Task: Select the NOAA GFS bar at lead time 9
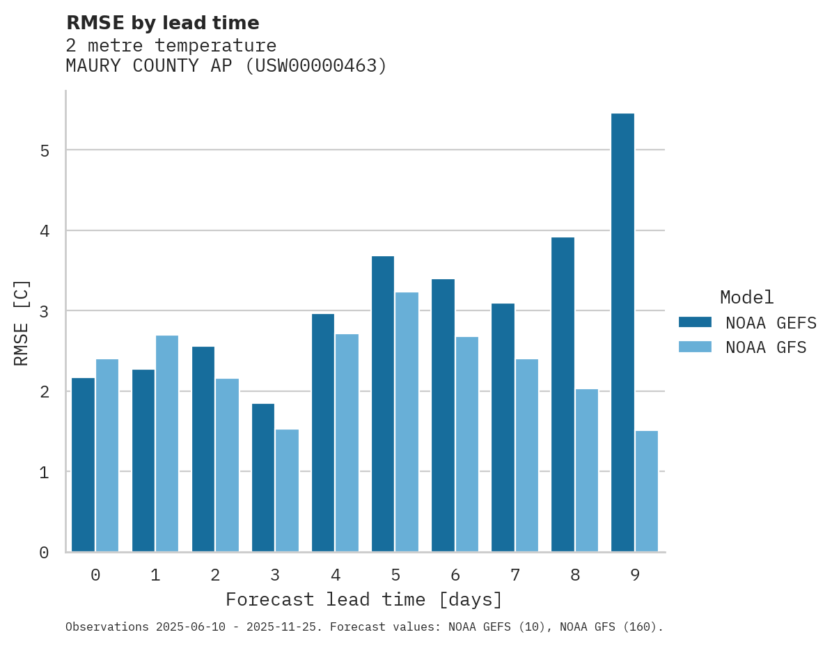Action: pyautogui.click(x=646, y=491)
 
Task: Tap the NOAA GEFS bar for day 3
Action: pyautogui.click(x=263, y=478)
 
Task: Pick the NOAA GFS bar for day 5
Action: pyautogui.click(x=407, y=422)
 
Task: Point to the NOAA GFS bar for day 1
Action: pyautogui.click(x=167, y=443)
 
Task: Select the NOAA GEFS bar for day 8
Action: pyautogui.click(x=563, y=395)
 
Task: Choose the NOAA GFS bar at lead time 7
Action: pyautogui.click(x=526, y=455)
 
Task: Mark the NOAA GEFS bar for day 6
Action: pyautogui.click(x=443, y=416)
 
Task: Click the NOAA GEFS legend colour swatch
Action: pyautogui.click(x=695, y=322)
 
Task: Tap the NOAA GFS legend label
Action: pyautogui.click(x=766, y=347)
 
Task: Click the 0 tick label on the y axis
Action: pyautogui.click(x=44, y=553)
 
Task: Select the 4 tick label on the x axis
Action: pyautogui.click(x=335, y=576)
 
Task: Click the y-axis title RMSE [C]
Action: pyautogui.click(x=22, y=322)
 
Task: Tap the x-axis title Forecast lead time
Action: pyautogui.click(x=363, y=599)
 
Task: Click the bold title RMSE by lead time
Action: pyautogui.click(x=162, y=23)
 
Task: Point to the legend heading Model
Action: pyautogui.click(x=746, y=298)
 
